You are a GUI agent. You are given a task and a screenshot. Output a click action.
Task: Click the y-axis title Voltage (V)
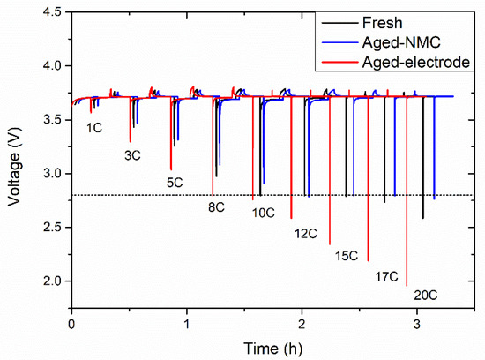(x=12, y=173)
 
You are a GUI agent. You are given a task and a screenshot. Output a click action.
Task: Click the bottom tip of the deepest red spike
(x=407, y=286)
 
